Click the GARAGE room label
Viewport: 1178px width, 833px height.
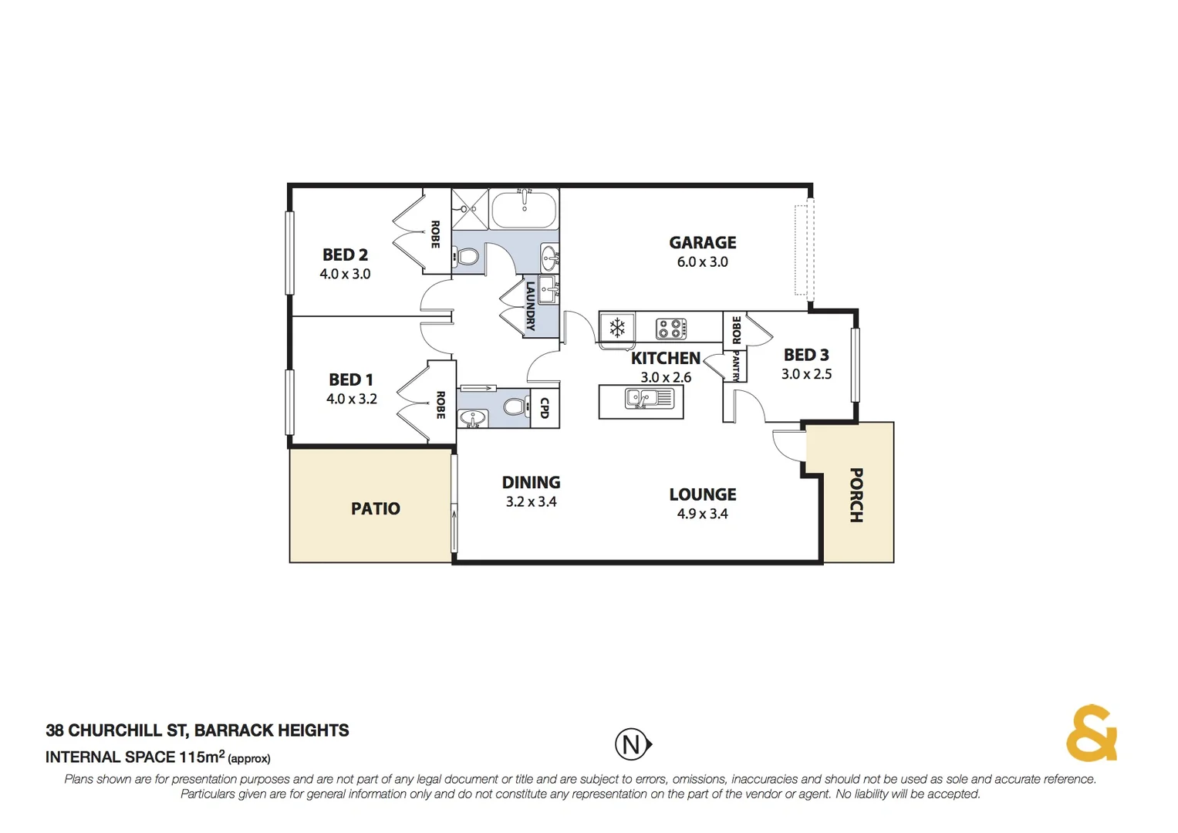coord(702,243)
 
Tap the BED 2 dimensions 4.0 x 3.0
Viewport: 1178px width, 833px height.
coord(345,274)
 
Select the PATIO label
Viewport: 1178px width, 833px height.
coord(376,509)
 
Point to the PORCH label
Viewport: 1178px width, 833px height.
coord(856,495)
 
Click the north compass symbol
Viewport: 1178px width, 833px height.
coord(633,744)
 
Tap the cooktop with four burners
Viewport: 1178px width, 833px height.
coord(671,329)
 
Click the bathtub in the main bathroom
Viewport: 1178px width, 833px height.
coord(524,209)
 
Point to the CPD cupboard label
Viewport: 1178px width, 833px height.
coord(545,408)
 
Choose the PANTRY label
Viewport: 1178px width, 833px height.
coord(735,366)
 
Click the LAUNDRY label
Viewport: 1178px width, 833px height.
coord(531,306)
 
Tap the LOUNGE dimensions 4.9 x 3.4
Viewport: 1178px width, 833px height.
coord(702,514)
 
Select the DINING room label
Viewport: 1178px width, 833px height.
coord(531,483)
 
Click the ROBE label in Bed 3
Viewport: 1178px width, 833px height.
coord(736,329)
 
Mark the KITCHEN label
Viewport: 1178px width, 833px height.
coord(665,359)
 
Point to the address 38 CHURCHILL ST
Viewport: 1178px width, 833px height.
coord(116,730)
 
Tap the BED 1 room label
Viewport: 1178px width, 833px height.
coord(350,379)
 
